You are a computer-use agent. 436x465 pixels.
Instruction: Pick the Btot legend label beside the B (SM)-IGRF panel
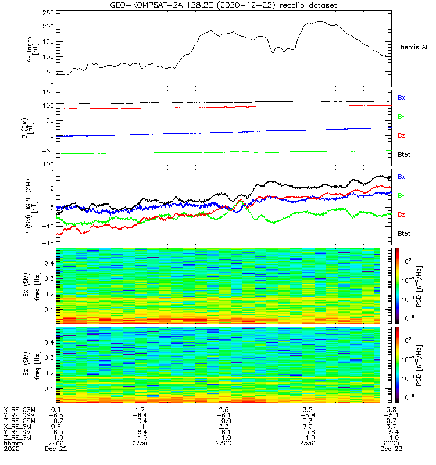(404, 234)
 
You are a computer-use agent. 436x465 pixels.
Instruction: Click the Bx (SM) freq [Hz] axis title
(32, 285)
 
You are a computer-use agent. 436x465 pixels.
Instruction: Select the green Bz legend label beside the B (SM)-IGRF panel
(401, 215)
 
